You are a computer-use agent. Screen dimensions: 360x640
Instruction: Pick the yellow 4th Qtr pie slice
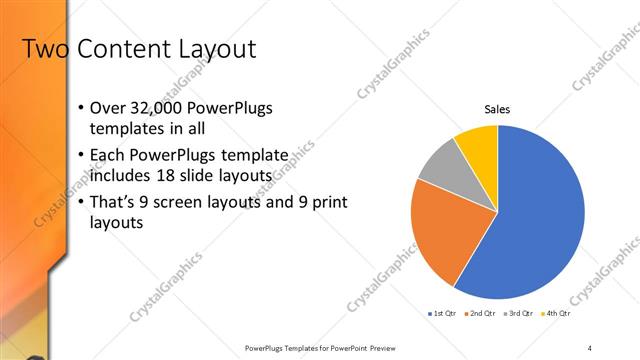coord(479,146)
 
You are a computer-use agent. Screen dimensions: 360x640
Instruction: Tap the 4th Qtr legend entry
coord(555,314)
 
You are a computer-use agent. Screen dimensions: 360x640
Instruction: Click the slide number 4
coord(589,347)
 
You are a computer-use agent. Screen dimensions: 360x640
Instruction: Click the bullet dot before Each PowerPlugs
coord(80,156)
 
